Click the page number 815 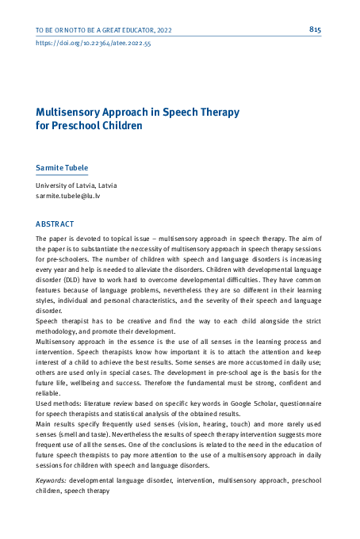[315, 29]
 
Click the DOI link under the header [94, 44]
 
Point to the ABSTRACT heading [55, 224]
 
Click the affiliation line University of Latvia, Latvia [76, 185]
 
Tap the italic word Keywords [52, 480]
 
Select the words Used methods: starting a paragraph [59, 403]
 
